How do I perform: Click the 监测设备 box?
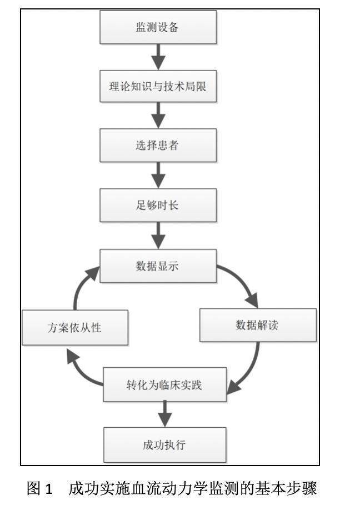pos(158,27)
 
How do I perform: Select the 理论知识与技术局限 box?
pos(158,86)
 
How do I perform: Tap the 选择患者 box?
pos(158,145)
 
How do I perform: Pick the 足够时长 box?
pos(158,206)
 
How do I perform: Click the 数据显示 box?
pos(158,266)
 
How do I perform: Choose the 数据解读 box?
pos(258,325)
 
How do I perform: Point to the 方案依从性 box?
pos(75,328)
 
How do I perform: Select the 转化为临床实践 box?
pos(165,384)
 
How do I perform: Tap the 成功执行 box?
pos(165,444)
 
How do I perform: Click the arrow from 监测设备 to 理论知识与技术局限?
pos(158,57)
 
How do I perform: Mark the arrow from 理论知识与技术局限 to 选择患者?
pos(158,116)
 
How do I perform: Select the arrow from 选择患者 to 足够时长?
pos(158,175)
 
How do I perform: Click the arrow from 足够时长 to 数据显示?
pos(158,236)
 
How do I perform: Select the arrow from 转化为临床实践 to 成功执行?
pos(165,414)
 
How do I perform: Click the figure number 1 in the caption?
pos(48,489)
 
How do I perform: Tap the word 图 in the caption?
pos(33,488)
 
